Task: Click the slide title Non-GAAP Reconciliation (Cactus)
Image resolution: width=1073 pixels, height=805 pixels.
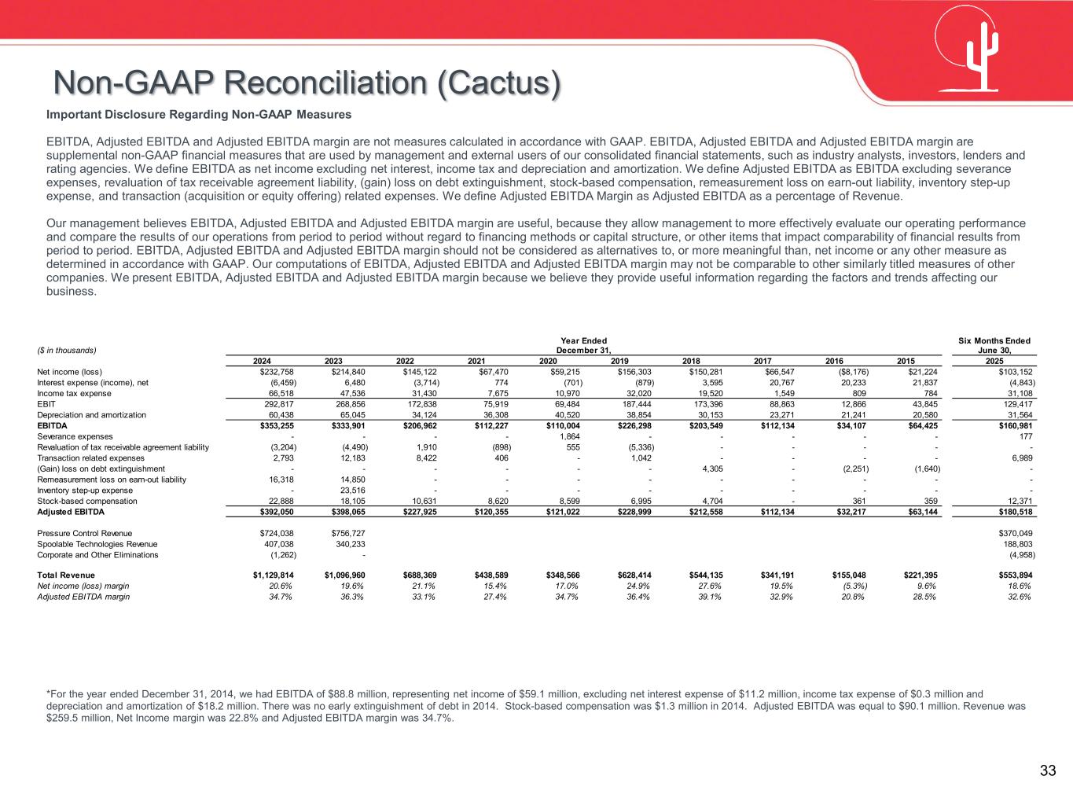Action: (307, 83)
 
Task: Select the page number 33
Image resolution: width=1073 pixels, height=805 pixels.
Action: (1048, 771)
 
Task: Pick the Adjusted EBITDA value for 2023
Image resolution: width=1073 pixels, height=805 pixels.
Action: (344, 512)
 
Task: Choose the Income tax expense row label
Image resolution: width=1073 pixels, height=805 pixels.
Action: (74, 393)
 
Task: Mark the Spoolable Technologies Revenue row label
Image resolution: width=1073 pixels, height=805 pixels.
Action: (97, 544)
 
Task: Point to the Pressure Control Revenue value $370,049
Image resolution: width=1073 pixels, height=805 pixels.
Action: (1013, 533)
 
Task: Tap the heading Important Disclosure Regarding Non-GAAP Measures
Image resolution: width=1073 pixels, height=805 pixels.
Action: (199, 115)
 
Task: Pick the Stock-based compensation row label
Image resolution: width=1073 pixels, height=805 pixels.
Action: (87, 501)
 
